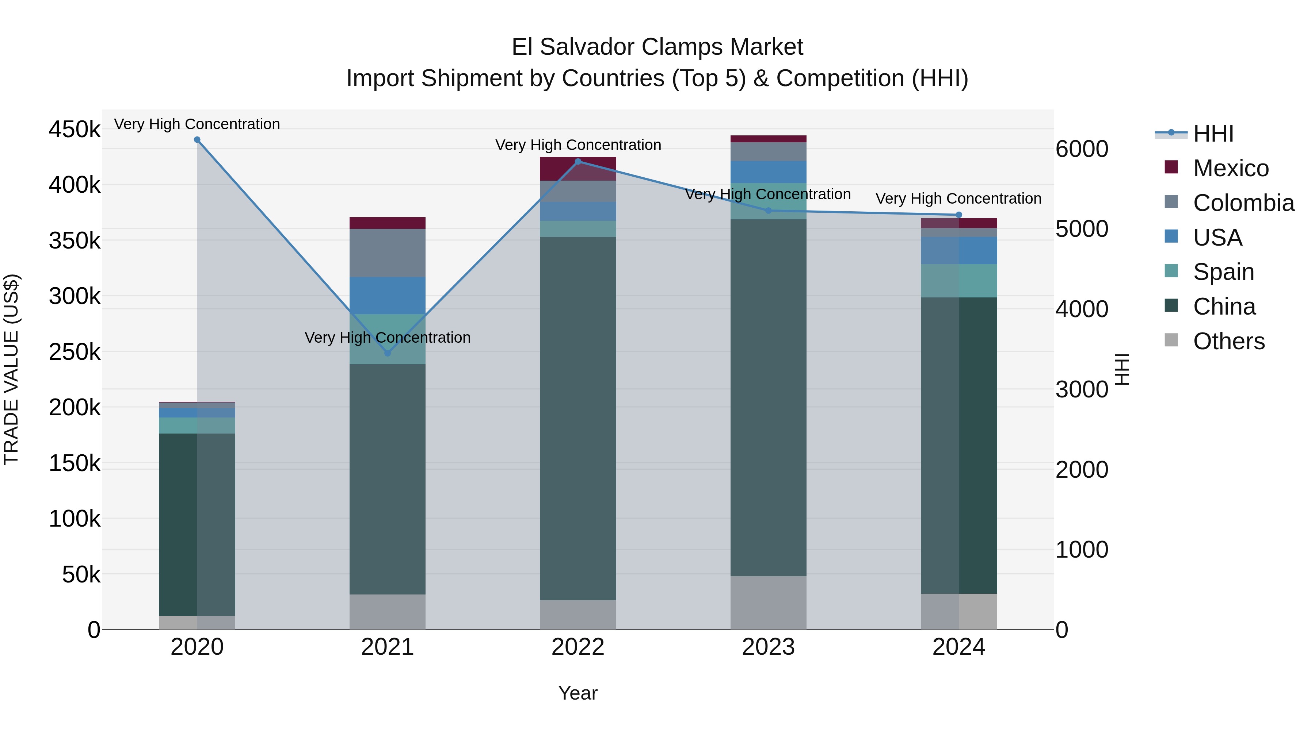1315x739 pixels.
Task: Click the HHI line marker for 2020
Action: point(197,140)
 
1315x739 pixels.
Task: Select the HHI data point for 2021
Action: point(388,353)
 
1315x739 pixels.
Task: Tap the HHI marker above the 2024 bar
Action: point(959,215)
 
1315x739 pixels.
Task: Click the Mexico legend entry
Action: point(1231,168)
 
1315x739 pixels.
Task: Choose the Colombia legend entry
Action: point(1243,203)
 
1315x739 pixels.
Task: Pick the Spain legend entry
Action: point(1223,272)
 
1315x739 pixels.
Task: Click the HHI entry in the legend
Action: point(1213,134)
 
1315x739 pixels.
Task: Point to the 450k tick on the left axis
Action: point(75,130)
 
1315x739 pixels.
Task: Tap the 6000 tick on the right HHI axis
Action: point(1082,149)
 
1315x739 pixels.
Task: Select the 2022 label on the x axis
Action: point(578,647)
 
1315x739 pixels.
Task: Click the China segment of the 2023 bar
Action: point(768,398)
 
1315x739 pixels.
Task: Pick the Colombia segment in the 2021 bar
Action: point(388,253)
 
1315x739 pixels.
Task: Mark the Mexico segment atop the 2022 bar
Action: point(578,169)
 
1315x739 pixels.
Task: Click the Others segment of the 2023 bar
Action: point(768,603)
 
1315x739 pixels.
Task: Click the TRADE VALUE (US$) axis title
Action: point(11,369)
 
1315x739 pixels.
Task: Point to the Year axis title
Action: point(578,693)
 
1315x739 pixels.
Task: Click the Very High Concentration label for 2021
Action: point(388,338)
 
